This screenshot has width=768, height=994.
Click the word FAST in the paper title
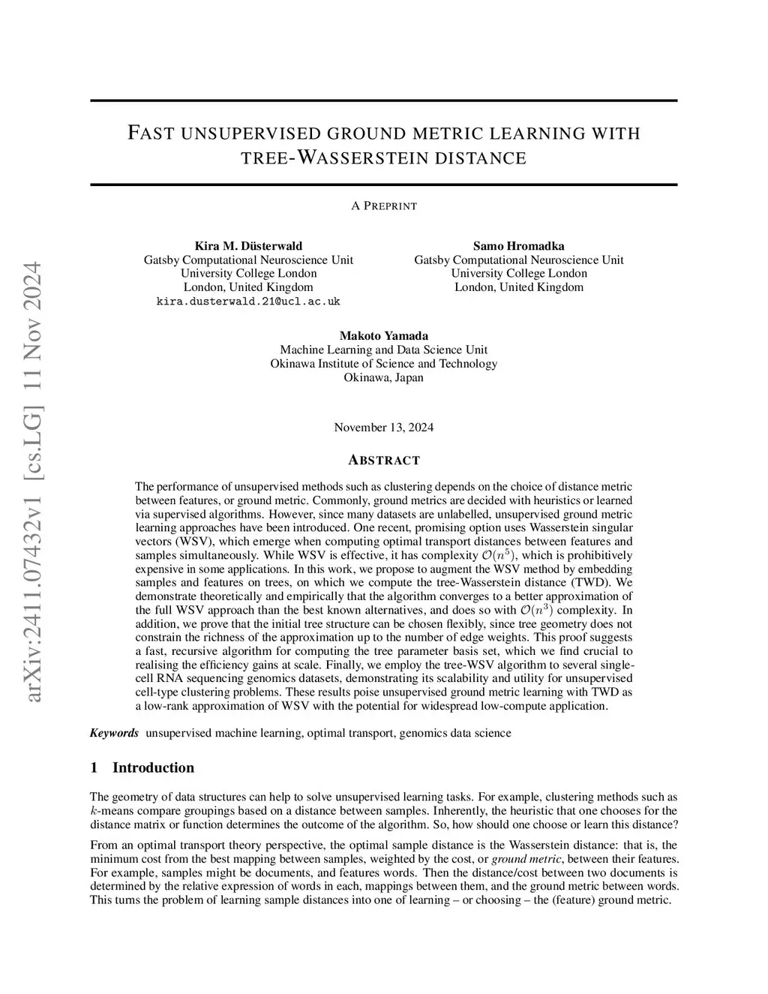pyautogui.click(x=151, y=134)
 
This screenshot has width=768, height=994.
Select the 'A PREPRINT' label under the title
pyautogui.click(x=383, y=206)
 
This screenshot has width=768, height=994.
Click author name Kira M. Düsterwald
pyautogui.click(x=248, y=246)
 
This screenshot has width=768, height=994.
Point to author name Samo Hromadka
pyautogui.click(x=518, y=246)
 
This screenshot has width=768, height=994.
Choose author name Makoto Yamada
pyautogui.click(x=383, y=336)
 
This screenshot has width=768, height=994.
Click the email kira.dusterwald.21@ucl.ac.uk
pyautogui.click(x=248, y=302)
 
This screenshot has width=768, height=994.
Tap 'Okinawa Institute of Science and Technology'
pyautogui.click(x=383, y=364)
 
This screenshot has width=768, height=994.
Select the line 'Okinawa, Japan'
pyautogui.click(x=383, y=377)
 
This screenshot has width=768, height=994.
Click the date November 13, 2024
pyautogui.click(x=383, y=428)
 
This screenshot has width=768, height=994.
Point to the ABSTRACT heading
pyautogui.click(x=383, y=460)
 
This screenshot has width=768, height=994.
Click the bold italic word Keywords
pyautogui.click(x=114, y=733)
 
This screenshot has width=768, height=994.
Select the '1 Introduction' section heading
pyautogui.click(x=142, y=767)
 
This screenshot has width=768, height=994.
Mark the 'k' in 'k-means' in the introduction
pyautogui.click(x=93, y=811)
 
